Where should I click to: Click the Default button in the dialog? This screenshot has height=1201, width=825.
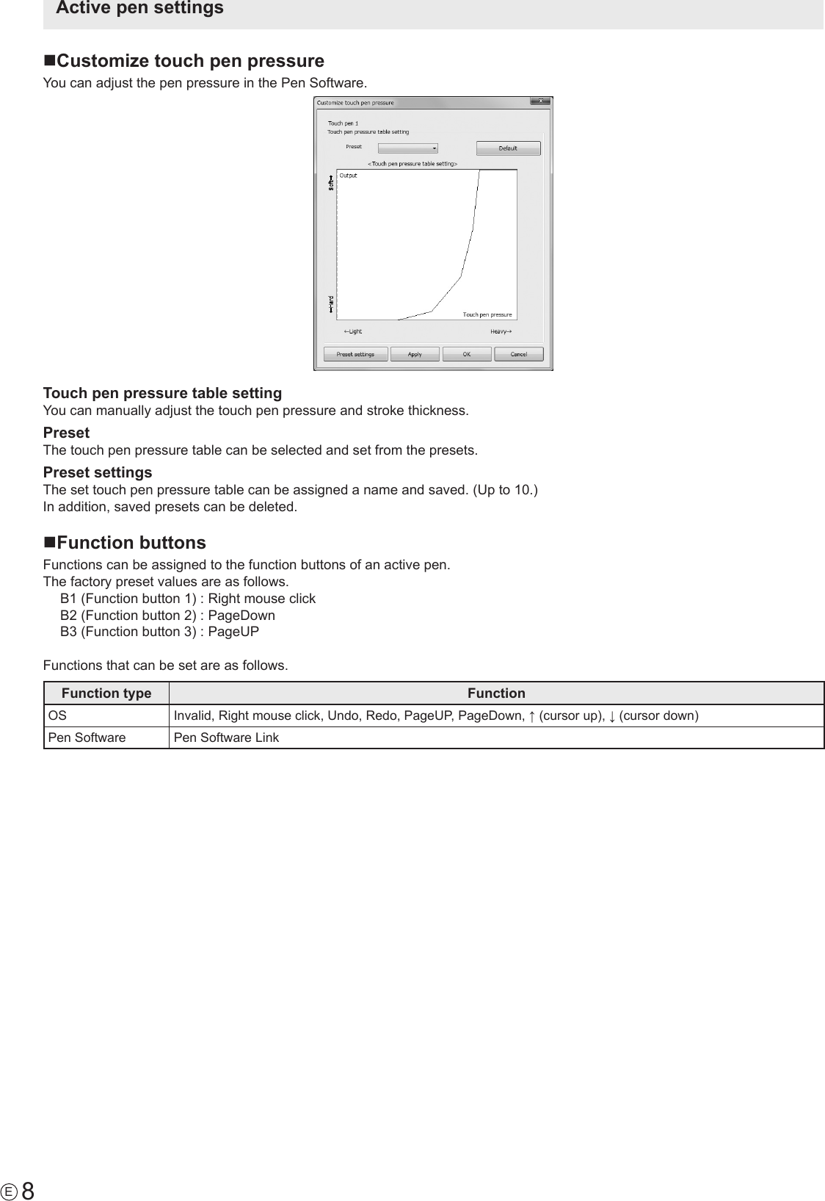tap(508, 148)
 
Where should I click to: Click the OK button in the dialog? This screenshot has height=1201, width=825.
tap(467, 354)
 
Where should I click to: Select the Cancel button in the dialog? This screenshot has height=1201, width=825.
tap(518, 354)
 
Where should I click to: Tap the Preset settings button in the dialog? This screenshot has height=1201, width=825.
tap(355, 354)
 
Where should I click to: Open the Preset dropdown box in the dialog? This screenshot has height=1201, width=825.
tap(408, 148)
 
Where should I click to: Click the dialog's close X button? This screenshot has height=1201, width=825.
tap(540, 101)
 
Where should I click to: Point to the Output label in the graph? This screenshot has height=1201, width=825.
tap(349, 176)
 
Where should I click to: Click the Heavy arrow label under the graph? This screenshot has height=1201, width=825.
tap(501, 331)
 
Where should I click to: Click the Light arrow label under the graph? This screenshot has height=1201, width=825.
tap(353, 331)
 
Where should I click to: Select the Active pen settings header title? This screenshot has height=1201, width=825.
tap(139, 9)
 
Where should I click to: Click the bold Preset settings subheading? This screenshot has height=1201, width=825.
tap(98, 472)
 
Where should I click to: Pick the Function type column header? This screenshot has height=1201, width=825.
tap(106, 693)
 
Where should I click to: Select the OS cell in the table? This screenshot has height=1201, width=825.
tap(55, 715)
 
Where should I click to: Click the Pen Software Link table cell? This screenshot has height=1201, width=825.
tap(226, 737)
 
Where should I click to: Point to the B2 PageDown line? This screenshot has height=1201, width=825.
tap(167, 616)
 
